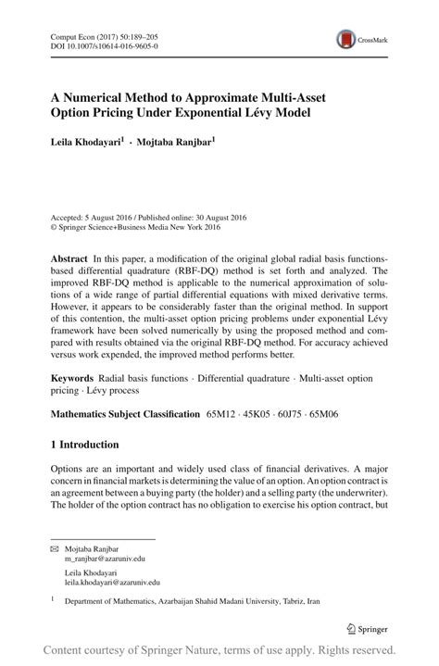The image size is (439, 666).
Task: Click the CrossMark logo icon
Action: pyautogui.click(x=347, y=39)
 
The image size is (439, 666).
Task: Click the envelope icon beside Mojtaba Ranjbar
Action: pyautogui.click(x=55, y=549)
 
